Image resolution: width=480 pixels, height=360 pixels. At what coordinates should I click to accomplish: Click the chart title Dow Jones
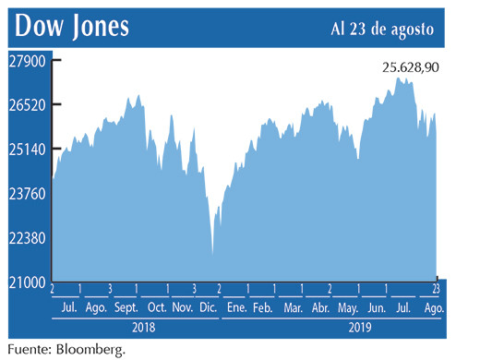[71, 28]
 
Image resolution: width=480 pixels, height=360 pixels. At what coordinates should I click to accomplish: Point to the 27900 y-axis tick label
[30, 60]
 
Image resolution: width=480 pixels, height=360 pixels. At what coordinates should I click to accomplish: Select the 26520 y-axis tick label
[30, 104]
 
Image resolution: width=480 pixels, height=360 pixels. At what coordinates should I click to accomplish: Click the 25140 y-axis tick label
[30, 149]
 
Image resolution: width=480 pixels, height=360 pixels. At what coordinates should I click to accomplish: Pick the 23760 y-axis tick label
[30, 193]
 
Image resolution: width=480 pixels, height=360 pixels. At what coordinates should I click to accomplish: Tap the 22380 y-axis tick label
[30, 237]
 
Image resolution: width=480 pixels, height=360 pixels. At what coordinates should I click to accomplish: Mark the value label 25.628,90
[410, 67]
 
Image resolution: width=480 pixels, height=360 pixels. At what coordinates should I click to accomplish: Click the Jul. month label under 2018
[67, 306]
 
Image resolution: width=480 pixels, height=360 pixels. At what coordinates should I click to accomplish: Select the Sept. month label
[126, 306]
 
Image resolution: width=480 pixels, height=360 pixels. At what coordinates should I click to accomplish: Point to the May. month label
[348, 306]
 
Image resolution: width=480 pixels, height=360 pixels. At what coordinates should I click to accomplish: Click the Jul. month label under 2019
[402, 306]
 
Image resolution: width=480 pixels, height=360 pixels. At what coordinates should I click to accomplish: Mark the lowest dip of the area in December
[212, 254]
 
